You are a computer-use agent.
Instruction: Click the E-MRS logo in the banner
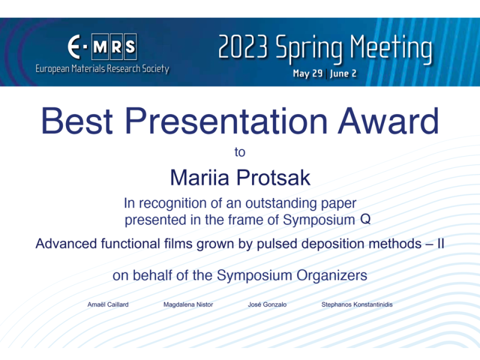(102, 47)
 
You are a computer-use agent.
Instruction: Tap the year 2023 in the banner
(244, 47)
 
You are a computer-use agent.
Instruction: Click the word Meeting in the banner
(391, 49)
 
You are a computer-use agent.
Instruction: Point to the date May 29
(308, 73)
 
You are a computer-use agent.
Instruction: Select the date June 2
(343, 73)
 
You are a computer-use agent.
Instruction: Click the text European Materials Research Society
(102, 68)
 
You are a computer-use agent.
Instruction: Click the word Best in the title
(77, 121)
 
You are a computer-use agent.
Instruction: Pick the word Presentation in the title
(226, 121)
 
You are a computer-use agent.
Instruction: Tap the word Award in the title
(389, 121)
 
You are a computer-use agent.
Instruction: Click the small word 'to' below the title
(240, 152)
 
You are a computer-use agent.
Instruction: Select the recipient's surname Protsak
(274, 178)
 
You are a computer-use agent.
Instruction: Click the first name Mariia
(200, 178)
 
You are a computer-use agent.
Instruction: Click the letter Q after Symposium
(365, 220)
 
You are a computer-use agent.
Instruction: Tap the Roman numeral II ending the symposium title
(441, 244)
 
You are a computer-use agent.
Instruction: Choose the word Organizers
(332, 275)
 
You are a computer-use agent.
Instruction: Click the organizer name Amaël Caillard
(108, 305)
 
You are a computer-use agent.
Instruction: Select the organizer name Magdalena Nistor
(188, 305)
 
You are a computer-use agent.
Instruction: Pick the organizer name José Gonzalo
(267, 305)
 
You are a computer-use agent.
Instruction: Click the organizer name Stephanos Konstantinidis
(357, 305)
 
